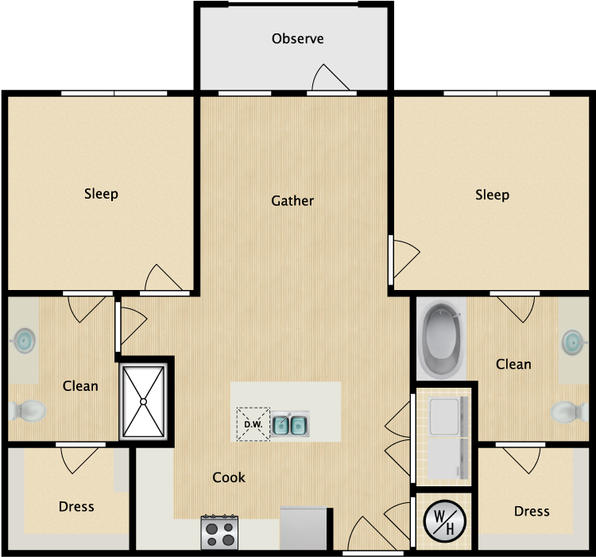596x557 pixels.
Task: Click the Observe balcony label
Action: [298, 38]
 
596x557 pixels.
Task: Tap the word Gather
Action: [292, 200]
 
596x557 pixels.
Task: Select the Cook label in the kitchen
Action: [229, 478]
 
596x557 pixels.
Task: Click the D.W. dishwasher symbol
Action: [253, 424]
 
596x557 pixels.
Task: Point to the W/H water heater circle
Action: [444, 521]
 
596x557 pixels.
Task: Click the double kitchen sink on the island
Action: [289, 424]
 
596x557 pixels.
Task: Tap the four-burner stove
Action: [219, 532]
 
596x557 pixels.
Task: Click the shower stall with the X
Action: [143, 401]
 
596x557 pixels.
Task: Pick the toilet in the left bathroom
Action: [28, 411]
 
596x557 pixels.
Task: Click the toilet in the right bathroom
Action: [569, 412]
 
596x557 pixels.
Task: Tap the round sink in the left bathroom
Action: [25, 340]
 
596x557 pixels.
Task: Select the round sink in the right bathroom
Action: [573, 342]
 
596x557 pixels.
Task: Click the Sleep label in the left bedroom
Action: [101, 194]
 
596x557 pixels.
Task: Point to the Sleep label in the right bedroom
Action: [492, 195]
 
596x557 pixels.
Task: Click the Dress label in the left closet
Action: [76, 506]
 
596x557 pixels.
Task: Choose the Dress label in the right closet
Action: [532, 511]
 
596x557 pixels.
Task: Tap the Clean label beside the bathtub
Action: [513, 364]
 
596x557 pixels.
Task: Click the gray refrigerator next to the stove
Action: [304, 528]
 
